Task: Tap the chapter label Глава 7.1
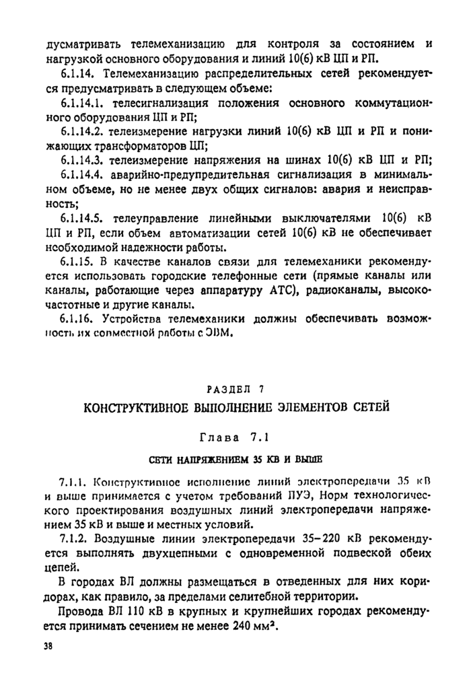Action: click(x=235, y=437)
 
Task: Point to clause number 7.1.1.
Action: click(x=71, y=482)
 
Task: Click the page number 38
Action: click(x=46, y=645)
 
